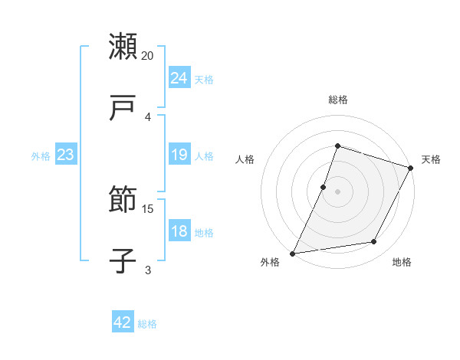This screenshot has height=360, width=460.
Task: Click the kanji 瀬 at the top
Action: [123, 47]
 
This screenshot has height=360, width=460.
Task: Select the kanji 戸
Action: [123, 108]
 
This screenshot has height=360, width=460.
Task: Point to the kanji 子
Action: [123, 261]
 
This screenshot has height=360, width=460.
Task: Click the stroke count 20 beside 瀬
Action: [148, 56]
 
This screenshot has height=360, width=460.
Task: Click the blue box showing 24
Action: [179, 78]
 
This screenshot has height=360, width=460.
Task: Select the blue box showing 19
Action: [179, 155]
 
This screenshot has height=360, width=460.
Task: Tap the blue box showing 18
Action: [179, 231]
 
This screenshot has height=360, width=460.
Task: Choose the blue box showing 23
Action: [65, 155]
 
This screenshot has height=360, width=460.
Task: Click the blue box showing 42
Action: [123, 322]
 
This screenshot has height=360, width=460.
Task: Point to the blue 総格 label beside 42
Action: [147, 324]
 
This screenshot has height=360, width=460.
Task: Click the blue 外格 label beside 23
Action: [41, 156]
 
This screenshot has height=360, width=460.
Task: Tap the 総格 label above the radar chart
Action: [337, 100]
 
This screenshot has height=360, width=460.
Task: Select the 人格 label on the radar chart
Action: [245, 159]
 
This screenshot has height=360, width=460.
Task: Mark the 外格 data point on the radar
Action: [293, 253]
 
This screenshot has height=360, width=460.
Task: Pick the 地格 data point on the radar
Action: [374, 242]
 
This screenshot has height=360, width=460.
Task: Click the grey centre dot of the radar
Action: [337, 191]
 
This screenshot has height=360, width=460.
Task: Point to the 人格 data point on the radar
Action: [324, 187]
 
